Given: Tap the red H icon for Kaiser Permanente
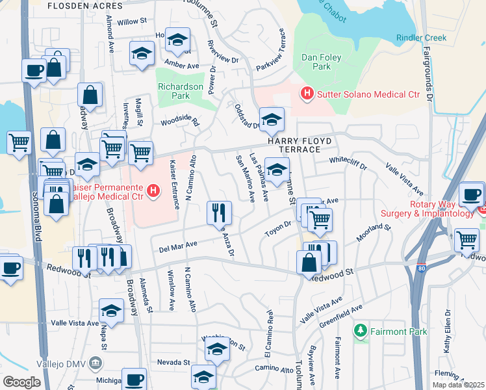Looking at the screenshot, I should (x=153, y=190).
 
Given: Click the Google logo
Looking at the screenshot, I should (x=21, y=382).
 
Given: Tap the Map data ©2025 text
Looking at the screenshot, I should (x=458, y=385).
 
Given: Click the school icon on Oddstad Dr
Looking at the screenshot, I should (x=272, y=120).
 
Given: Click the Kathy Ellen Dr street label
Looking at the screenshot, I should (x=447, y=333).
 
